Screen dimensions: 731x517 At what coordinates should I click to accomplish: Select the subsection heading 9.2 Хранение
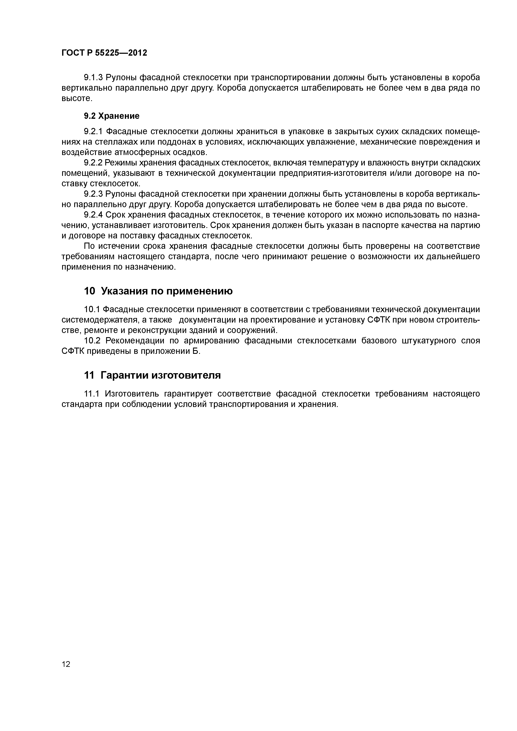tap(112, 116)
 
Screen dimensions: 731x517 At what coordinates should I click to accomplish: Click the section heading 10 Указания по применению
tap(158, 291)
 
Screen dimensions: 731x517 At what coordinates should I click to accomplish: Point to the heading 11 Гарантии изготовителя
tap(152, 375)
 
